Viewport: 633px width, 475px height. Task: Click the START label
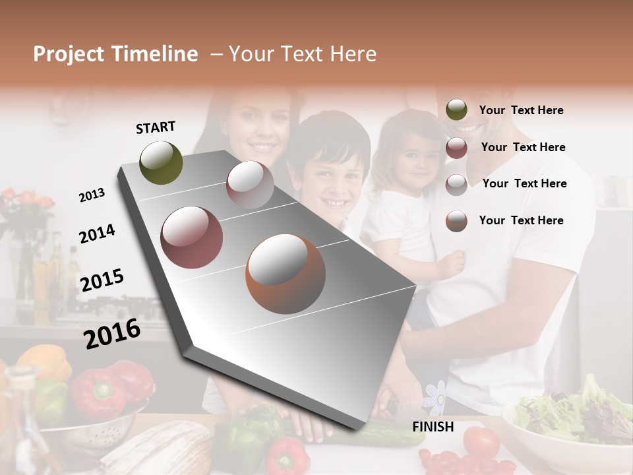(x=156, y=127)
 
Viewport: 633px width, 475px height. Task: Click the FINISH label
(x=433, y=427)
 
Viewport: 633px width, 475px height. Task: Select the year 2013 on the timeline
(x=92, y=195)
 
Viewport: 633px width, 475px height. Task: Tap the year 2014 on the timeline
(x=97, y=234)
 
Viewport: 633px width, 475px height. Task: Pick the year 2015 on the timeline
(x=102, y=280)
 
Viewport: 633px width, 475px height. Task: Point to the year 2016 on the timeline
(x=112, y=333)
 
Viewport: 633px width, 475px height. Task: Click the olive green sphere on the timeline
(x=161, y=162)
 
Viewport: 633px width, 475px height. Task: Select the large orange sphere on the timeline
(x=286, y=274)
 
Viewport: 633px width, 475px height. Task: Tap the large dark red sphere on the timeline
(x=192, y=237)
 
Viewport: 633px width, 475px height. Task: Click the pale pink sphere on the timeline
(x=250, y=185)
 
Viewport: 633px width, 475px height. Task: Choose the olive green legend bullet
(x=456, y=110)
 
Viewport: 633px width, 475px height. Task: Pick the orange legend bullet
(x=456, y=221)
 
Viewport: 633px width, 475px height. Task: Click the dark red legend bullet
(x=456, y=148)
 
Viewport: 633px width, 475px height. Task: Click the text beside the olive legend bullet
(x=521, y=110)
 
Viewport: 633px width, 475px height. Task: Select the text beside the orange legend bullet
(x=521, y=220)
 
